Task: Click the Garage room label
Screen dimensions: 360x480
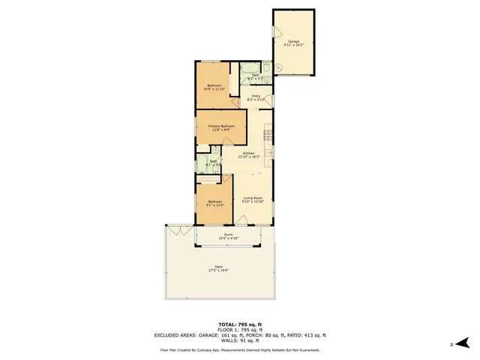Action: (x=292, y=41)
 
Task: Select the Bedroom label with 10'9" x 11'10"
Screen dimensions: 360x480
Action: (x=214, y=85)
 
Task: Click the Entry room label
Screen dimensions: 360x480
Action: (x=256, y=95)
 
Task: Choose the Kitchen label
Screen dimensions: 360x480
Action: (x=249, y=153)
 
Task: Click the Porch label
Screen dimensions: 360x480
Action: (x=228, y=235)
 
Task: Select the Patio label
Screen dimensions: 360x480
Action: (x=219, y=267)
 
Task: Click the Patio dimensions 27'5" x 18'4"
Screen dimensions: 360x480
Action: (x=219, y=271)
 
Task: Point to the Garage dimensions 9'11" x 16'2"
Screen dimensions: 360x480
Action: (x=292, y=46)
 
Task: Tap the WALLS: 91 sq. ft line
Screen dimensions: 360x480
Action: (x=239, y=340)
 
